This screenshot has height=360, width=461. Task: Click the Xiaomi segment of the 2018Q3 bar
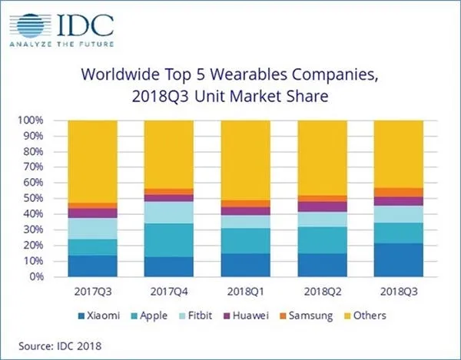click(400, 260)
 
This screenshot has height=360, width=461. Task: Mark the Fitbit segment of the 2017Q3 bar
click(92, 229)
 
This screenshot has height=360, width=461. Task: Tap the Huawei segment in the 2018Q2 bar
click(323, 206)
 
